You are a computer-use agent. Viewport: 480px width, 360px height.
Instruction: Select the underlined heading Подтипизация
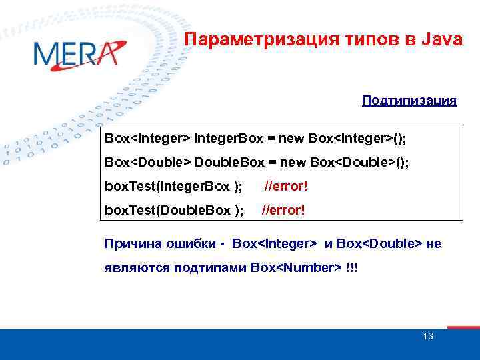click(x=409, y=101)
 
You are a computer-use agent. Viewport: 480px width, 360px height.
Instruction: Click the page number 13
click(x=427, y=336)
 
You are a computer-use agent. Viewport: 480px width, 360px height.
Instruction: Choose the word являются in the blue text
click(x=134, y=268)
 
